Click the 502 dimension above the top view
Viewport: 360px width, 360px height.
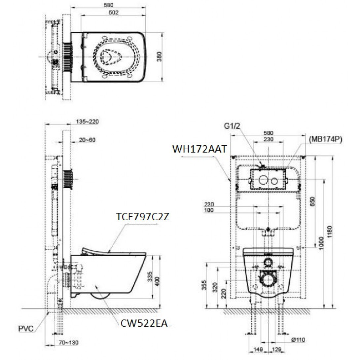[x=113, y=13]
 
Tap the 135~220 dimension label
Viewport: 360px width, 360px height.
[x=88, y=122]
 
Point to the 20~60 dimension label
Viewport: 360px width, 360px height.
[x=88, y=140]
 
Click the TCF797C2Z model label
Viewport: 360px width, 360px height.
[x=143, y=217]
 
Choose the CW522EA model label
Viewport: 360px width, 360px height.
[x=146, y=322]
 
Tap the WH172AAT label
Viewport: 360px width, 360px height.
[x=199, y=149]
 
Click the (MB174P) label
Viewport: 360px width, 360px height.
[x=325, y=139]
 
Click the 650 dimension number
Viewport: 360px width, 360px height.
[x=313, y=201]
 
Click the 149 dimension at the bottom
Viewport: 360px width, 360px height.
[x=258, y=349]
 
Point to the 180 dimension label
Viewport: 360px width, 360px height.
[x=209, y=210]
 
